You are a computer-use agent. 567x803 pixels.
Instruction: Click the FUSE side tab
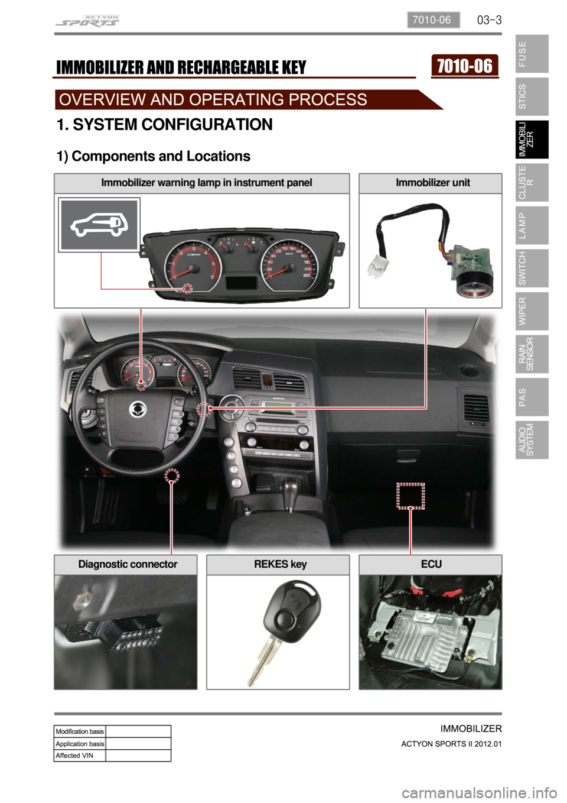[531, 54]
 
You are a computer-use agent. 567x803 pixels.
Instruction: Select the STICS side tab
[531, 96]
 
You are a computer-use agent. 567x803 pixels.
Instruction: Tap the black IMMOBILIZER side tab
[531, 140]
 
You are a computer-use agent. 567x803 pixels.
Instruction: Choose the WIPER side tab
[531, 311]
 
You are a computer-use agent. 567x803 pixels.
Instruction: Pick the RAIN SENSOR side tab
[531, 354]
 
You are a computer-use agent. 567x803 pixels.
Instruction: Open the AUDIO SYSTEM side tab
[531, 440]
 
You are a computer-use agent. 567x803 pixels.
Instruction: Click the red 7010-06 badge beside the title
[465, 66]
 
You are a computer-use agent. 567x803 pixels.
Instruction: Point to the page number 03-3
[489, 20]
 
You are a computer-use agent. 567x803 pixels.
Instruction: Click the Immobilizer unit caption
[432, 183]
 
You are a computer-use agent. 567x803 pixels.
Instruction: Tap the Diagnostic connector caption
[128, 564]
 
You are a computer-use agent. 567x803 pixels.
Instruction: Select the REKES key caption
[280, 564]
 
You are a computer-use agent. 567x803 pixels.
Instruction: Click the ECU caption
[431, 564]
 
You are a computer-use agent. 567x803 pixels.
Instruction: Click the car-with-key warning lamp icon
[99, 225]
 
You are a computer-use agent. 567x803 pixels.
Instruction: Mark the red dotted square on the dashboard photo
[410, 496]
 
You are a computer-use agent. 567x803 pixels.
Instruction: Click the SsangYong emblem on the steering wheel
[138, 408]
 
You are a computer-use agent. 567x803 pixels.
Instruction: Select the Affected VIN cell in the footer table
[79, 756]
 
